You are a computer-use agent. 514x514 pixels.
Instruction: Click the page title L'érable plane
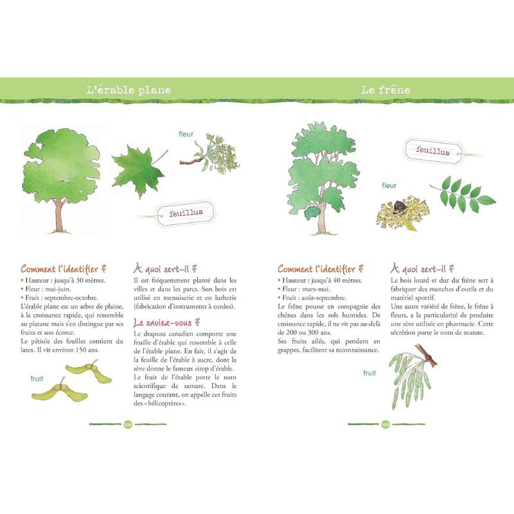tap(128, 90)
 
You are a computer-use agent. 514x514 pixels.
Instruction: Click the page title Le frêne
tap(385, 90)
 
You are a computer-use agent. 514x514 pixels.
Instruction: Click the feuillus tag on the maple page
tap(186, 213)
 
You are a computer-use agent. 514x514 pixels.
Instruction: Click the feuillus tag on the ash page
tap(433, 151)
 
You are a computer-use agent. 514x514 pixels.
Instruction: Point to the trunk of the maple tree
tap(59, 215)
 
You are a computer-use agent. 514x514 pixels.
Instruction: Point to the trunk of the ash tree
tap(322, 217)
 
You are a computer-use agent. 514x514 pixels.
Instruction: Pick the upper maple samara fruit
tap(89, 371)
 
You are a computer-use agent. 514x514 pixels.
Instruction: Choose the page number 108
tap(128, 425)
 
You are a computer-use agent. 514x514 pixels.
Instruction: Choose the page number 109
tap(385, 425)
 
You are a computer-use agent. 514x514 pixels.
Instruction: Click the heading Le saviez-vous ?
tap(166, 323)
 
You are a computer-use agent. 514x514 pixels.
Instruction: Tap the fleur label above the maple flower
tap(186, 134)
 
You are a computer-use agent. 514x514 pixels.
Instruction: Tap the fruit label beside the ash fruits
tap(369, 373)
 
